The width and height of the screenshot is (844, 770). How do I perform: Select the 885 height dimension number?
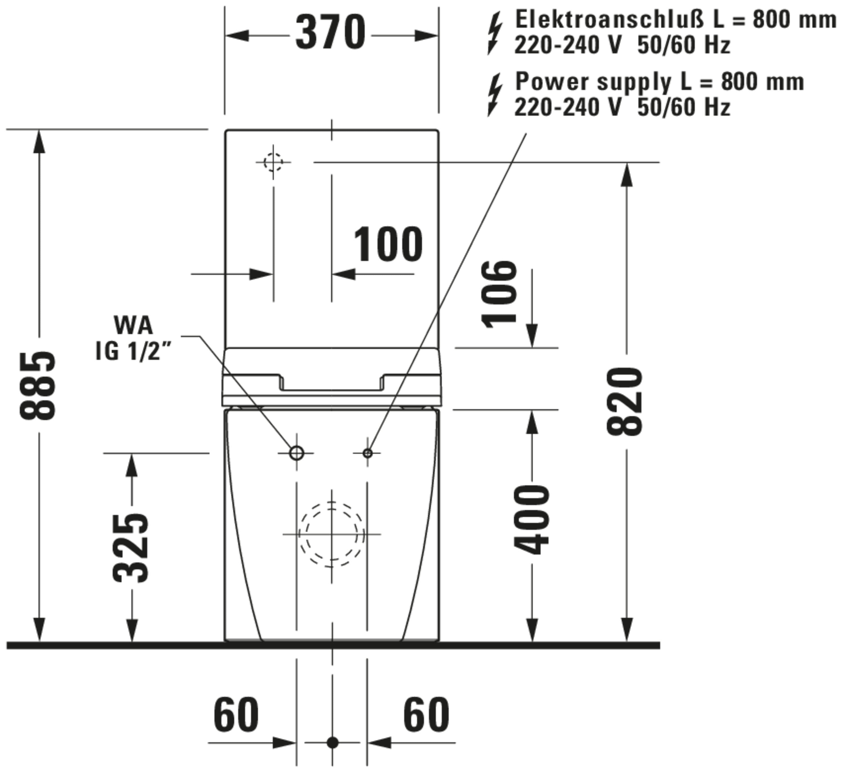pos(38,386)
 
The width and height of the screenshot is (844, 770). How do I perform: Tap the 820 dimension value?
pos(625,401)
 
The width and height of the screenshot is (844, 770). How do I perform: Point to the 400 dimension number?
pos(531,520)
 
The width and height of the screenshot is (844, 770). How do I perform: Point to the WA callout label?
pos(133,325)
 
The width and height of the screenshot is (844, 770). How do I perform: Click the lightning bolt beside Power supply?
pos(495,95)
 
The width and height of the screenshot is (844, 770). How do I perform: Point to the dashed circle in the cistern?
pos(273,153)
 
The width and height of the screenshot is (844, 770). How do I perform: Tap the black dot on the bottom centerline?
pos(333,743)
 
